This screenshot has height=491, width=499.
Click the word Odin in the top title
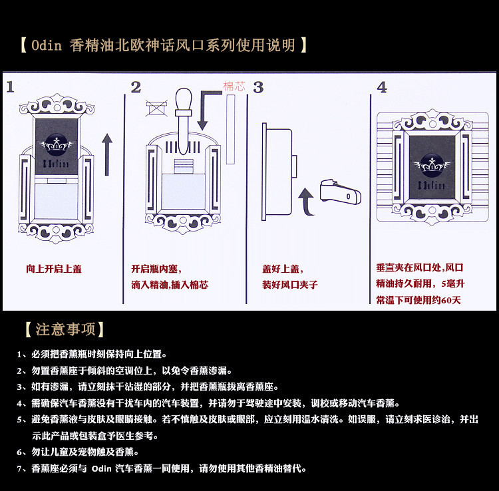tap(47, 46)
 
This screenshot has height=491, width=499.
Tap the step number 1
tap(11, 87)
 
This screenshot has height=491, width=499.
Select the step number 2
tap(136, 87)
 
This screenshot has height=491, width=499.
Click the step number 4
tap(381, 87)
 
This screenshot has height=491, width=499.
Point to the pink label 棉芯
tap(234, 86)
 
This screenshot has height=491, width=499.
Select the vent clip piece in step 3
tap(340, 192)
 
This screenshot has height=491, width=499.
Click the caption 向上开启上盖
tap(54, 269)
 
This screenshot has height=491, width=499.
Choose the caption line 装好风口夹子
tap(289, 285)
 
